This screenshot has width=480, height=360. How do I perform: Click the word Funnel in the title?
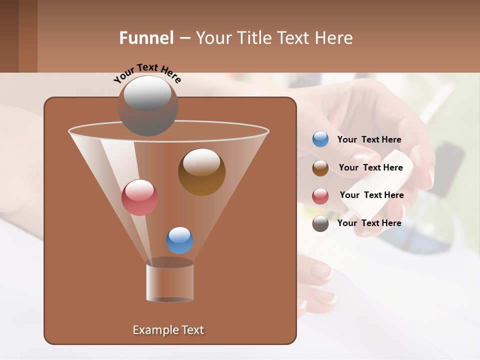tap(146, 38)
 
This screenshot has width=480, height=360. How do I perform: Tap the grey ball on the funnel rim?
tap(147, 106)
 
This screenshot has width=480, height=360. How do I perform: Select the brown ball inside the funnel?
tap(201, 172)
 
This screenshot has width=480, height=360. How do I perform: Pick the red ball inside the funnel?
tap(139, 197)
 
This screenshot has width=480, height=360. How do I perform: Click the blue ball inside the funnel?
tap(179, 240)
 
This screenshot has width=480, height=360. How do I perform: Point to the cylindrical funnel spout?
tap(170, 281)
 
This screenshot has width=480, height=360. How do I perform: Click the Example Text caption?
tap(168, 330)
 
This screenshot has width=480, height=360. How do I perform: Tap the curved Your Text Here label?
tap(147, 73)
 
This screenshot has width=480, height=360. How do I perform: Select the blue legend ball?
tap(320, 139)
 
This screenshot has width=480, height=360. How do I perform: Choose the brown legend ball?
tap(320, 168)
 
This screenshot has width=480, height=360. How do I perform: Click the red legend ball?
tap(320, 196)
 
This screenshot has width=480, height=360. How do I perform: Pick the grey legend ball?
tap(320, 223)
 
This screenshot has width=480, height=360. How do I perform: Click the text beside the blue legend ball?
tap(369, 140)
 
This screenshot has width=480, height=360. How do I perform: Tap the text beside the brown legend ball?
tap(370, 168)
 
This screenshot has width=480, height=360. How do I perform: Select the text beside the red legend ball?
tap(371, 195)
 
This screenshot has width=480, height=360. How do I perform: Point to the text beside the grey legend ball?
tap(369, 223)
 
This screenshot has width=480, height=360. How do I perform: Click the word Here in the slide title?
tap(334, 38)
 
